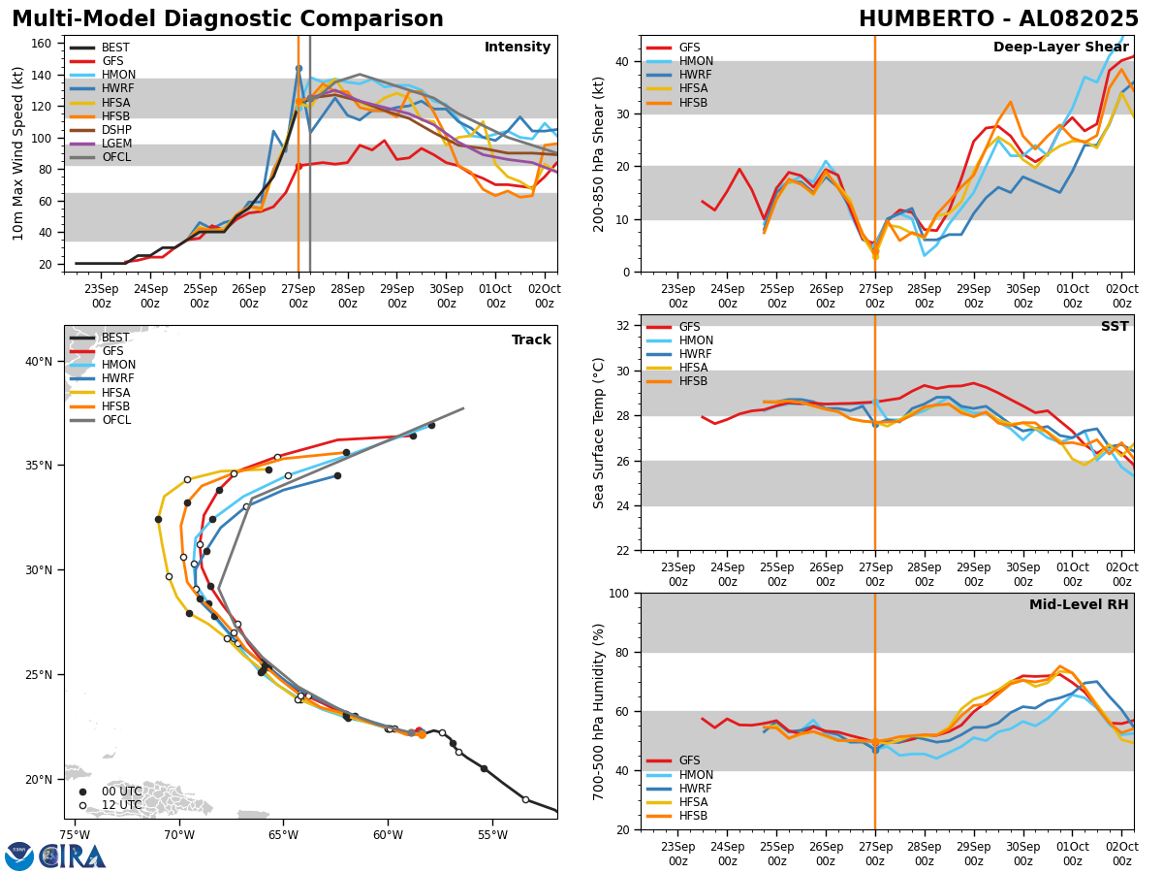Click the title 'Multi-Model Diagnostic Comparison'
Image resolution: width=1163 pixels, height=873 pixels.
pos(228,19)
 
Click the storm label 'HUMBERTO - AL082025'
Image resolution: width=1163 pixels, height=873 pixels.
pos(998,19)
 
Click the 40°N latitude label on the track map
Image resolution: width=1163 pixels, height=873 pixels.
pos(38,362)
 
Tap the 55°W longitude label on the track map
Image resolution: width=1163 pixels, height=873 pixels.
pos(492,834)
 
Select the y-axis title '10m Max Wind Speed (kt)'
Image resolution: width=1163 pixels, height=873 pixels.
pos(16,153)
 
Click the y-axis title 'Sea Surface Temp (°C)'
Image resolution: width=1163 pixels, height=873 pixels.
pos(599,433)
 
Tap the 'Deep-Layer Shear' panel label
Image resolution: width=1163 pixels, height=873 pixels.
pos(1060,48)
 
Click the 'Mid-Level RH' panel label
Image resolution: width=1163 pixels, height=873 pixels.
pos(1079,605)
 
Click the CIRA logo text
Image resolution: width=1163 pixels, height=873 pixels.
pos(73,856)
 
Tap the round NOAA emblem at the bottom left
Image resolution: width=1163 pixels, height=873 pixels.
pos(19,856)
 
